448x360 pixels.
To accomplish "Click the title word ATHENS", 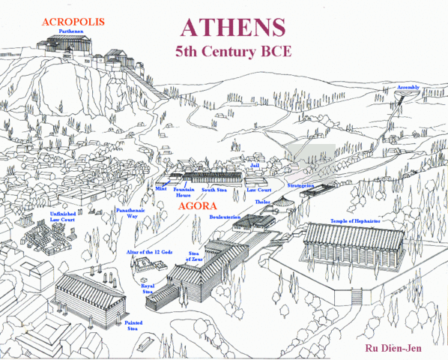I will coord(232,26).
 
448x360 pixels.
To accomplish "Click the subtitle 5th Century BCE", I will coord(232,54).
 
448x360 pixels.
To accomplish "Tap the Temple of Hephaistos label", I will coord(356,222).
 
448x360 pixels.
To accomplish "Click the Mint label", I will coord(160,190).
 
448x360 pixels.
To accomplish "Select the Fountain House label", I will coord(184,193).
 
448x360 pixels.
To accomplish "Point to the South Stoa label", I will coord(215,190).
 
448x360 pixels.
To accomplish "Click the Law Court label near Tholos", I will coord(258,190).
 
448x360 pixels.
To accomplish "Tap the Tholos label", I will coord(262,202).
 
